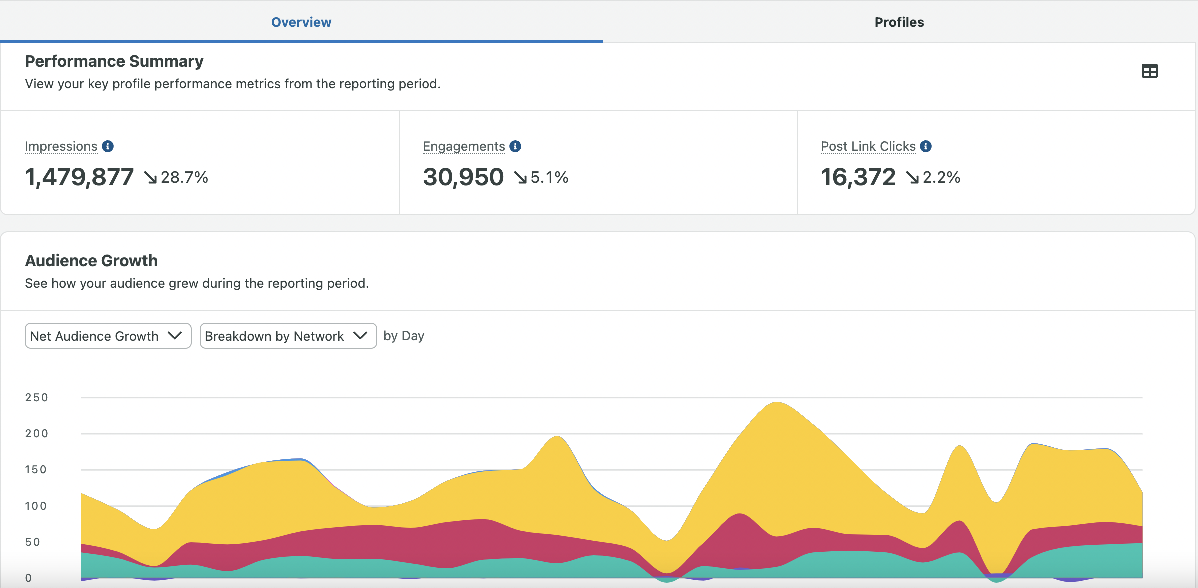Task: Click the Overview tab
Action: [x=301, y=22]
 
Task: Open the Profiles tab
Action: [x=899, y=22]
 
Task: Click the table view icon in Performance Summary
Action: [x=1150, y=71]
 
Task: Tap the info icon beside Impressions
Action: [x=108, y=146]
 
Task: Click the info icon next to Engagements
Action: [x=515, y=146]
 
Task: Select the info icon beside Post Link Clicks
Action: [x=926, y=146]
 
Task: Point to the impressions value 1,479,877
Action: [x=79, y=177]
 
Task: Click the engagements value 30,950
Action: [x=463, y=177]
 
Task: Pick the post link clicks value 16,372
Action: [x=858, y=177]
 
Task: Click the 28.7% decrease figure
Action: [x=184, y=177]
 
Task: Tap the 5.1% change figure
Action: [x=549, y=177]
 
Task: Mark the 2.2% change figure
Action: [x=941, y=177]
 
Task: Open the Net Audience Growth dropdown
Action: [x=108, y=336]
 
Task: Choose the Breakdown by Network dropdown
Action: [x=288, y=336]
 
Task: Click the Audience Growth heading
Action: [x=91, y=261]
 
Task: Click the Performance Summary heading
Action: [x=114, y=61]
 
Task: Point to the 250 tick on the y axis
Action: [x=37, y=398]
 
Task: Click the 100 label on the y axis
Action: [x=36, y=506]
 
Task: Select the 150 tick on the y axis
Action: [x=36, y=470]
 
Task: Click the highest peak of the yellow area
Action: [x=776, y=403]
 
